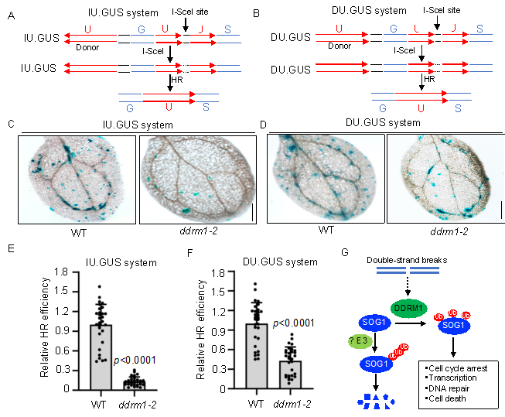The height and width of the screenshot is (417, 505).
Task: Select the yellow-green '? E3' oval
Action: pyautogui.click(x=360, y=341)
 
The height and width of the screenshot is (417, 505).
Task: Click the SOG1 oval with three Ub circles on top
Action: pyautogui.click(x=454, y=326)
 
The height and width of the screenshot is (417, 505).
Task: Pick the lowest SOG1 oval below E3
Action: pyautogui.click(x=377, y=363)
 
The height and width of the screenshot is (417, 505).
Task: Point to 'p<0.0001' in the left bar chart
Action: pyautogui.click(x=135, y=360)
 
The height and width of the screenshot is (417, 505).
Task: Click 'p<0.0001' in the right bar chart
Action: pyautogui.click(x=293, y=323)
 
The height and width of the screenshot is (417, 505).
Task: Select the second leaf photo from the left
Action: pyautogui.click(x=196, y=179)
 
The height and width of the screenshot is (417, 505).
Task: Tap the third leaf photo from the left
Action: pyautogui.click(x=325, y=179)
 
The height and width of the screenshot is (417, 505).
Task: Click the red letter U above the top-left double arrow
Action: pyautogui.click(x=88, y=30)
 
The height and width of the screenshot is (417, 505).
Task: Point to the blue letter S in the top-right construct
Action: pyautogui.click(x=479, y=29)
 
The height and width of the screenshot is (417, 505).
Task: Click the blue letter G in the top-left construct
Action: pyautogui.click(x=142, y=30)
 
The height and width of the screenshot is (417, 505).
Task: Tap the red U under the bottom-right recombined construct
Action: pyautogui.click(x=421, y=109)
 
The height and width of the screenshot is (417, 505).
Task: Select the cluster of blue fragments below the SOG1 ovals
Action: pyautogui.click(x=377, y=400)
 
